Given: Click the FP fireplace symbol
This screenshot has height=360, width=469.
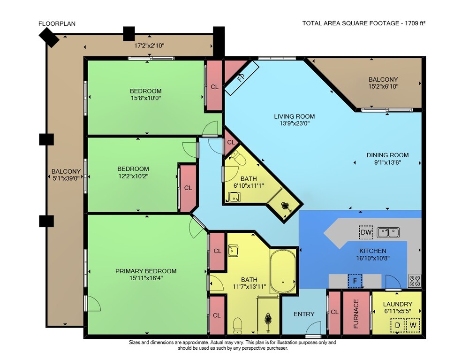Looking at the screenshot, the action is pos(242,78).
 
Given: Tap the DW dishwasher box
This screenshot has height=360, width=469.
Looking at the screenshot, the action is pos(366,232).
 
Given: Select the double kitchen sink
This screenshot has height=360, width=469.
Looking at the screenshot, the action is pos(388,232).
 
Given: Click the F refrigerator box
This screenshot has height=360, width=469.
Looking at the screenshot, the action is pos(355,281).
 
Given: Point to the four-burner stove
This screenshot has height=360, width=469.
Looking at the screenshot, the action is pos(415,281).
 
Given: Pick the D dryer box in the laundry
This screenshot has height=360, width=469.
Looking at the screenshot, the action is pos(398,325).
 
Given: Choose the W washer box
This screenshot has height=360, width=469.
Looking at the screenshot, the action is pos(413,325).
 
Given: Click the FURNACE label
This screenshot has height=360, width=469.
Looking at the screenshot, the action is pos(356,314).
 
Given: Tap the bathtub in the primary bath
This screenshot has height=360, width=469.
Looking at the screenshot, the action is pos(283,271).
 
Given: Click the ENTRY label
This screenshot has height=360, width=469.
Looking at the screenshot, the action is pos(304,314).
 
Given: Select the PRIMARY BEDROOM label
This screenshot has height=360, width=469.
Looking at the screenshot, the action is pos(146,271).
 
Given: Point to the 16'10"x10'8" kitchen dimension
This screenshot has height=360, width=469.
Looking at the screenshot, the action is pos(373,258).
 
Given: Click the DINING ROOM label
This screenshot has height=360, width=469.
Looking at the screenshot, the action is pos(388,155).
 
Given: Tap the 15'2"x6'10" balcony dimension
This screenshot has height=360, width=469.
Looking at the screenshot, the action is pos(383,86).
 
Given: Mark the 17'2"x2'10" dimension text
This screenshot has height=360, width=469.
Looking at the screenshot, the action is pos(149,46).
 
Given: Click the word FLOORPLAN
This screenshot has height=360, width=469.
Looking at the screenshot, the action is pos(57,23).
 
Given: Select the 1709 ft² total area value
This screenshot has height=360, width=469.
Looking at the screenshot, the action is pos(415,23).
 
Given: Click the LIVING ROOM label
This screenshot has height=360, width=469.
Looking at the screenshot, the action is pos(295,116).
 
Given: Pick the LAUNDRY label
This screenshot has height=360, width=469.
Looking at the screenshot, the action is pos(398,304).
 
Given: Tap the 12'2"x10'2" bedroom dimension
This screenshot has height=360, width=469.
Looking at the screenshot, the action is pos(133,176).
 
